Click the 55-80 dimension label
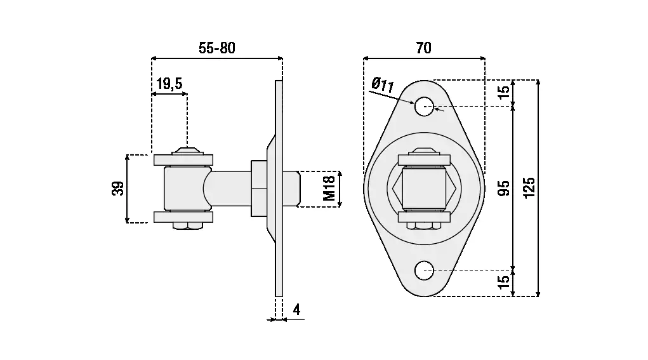click(x=217, y=48)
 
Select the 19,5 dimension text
click(x=169, y=84)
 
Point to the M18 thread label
click(x=329, y=189)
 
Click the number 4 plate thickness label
click(x=296, y=309)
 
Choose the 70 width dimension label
click(x=423, y=48)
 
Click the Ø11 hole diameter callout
click(x=383, y=83)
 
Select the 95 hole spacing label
click(x=504, y=189)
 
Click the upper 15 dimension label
click(x=504, y=90)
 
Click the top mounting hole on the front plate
click(x=424, y=106)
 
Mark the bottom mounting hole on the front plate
click(x=424, y=271)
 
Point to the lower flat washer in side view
click(x=185, y=217)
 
